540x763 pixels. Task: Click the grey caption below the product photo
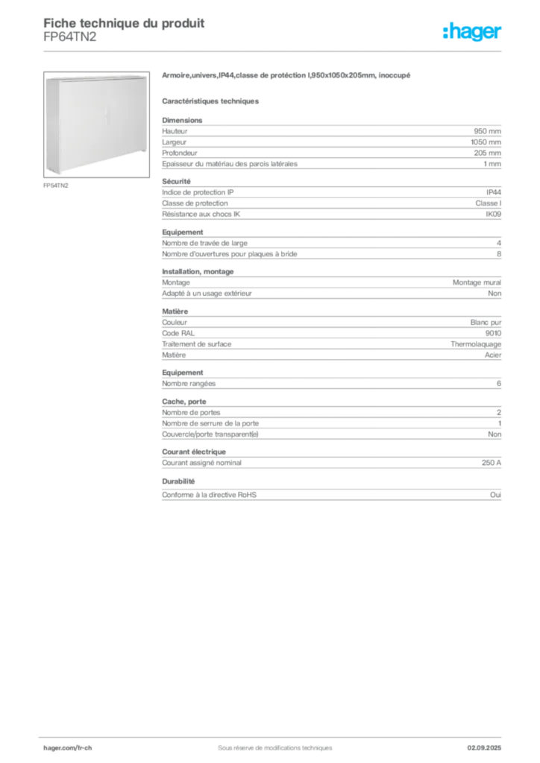57,186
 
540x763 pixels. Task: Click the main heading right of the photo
286,77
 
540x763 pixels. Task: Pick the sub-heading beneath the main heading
212,100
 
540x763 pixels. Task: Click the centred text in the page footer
270,744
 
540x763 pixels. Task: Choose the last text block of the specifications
330,493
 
